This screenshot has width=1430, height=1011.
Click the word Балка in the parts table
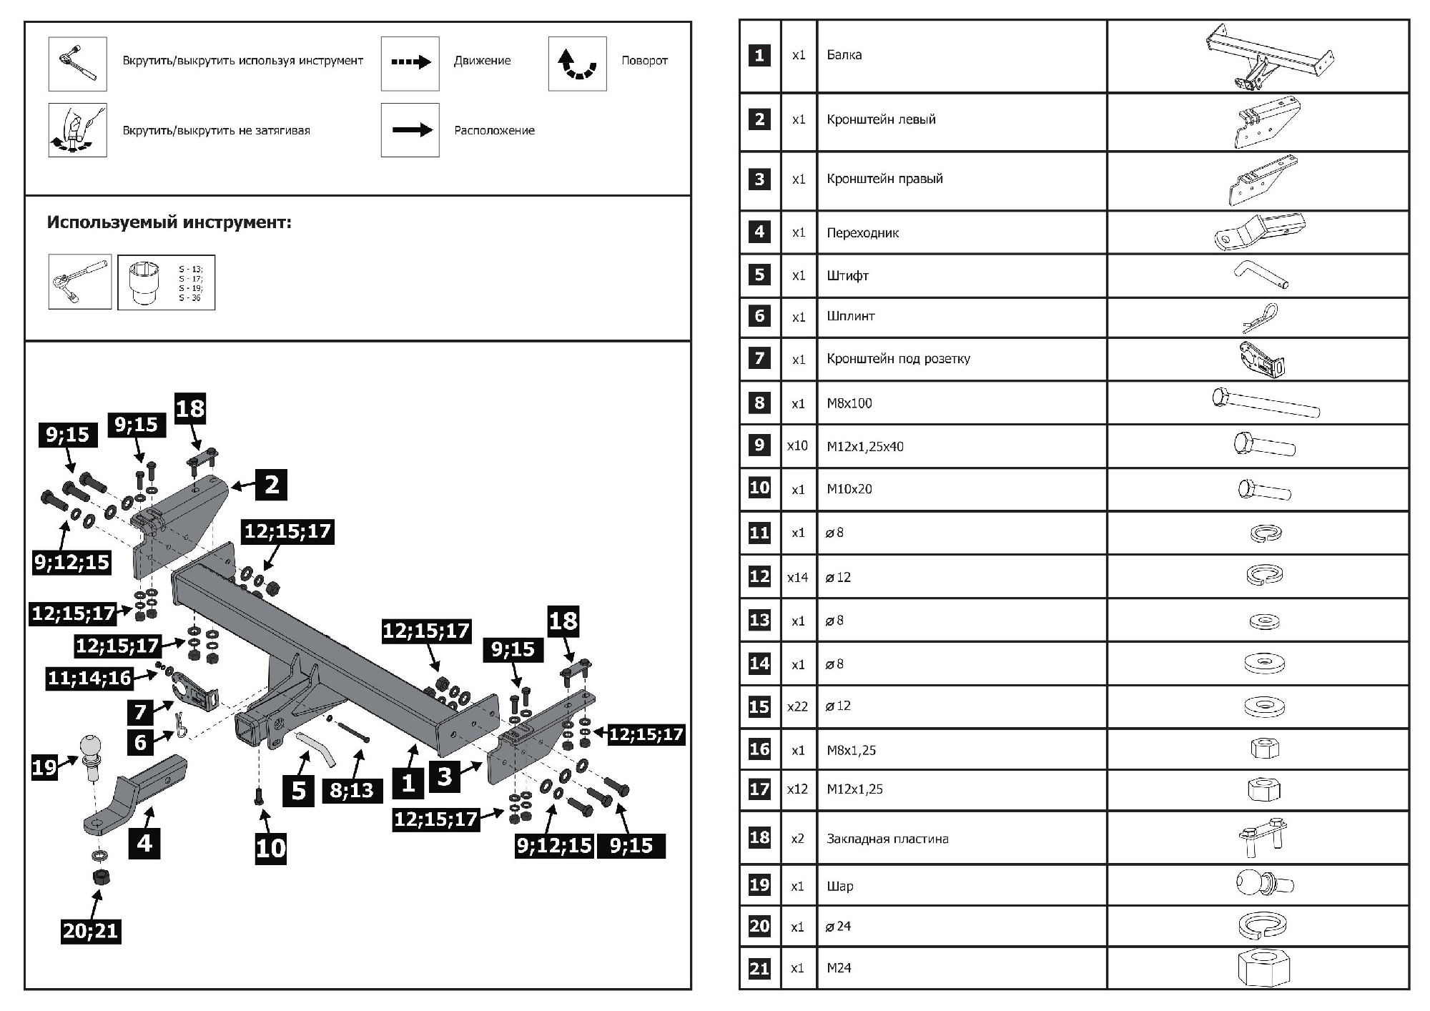pyautogui.click(x=844, y=55)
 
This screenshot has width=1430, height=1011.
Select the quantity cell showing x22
pyautogui.click(x=797, y=706)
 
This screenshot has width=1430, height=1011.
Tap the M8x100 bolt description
pyautogui.click(x=849, y=403)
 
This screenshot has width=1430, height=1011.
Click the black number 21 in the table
pyautogui.click(x=759, y=968)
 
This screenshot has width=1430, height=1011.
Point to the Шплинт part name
pyautogui.click(x=851, y=316)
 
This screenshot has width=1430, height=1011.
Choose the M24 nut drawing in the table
pyautogui.click(x=1263, y=968)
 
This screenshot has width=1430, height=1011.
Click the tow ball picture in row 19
pyautogui.click(x=1263, y=884)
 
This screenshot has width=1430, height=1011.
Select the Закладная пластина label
pyautogui.click(x=887, y=839)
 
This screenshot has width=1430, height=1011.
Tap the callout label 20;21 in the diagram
pyautogui.click(x=91, y=931)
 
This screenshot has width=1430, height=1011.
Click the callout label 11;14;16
pyautogui.click(x=90, y=677)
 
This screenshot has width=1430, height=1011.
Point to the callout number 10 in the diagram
pyautogui.click(x=271, y=848)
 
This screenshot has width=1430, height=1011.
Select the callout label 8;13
pyautogui.click(x=352, y=790)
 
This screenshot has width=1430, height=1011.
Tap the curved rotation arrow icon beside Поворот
pyautogui.click(x=577, y=64)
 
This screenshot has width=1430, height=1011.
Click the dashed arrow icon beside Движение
pyautogui.click(x=410, y=64)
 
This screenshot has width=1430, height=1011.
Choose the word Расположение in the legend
pyautogui.click(x=494, y=130)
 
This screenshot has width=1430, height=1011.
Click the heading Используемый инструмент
pyautogui.click(x=169, y=222)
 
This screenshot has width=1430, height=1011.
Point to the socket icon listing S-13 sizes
pyautogui.click(x=166, y=282)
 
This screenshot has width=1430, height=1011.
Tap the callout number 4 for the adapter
pyautogui.click(x=144, y=842)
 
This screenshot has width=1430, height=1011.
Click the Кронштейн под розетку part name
pyautogui.click(x=898, y=359)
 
